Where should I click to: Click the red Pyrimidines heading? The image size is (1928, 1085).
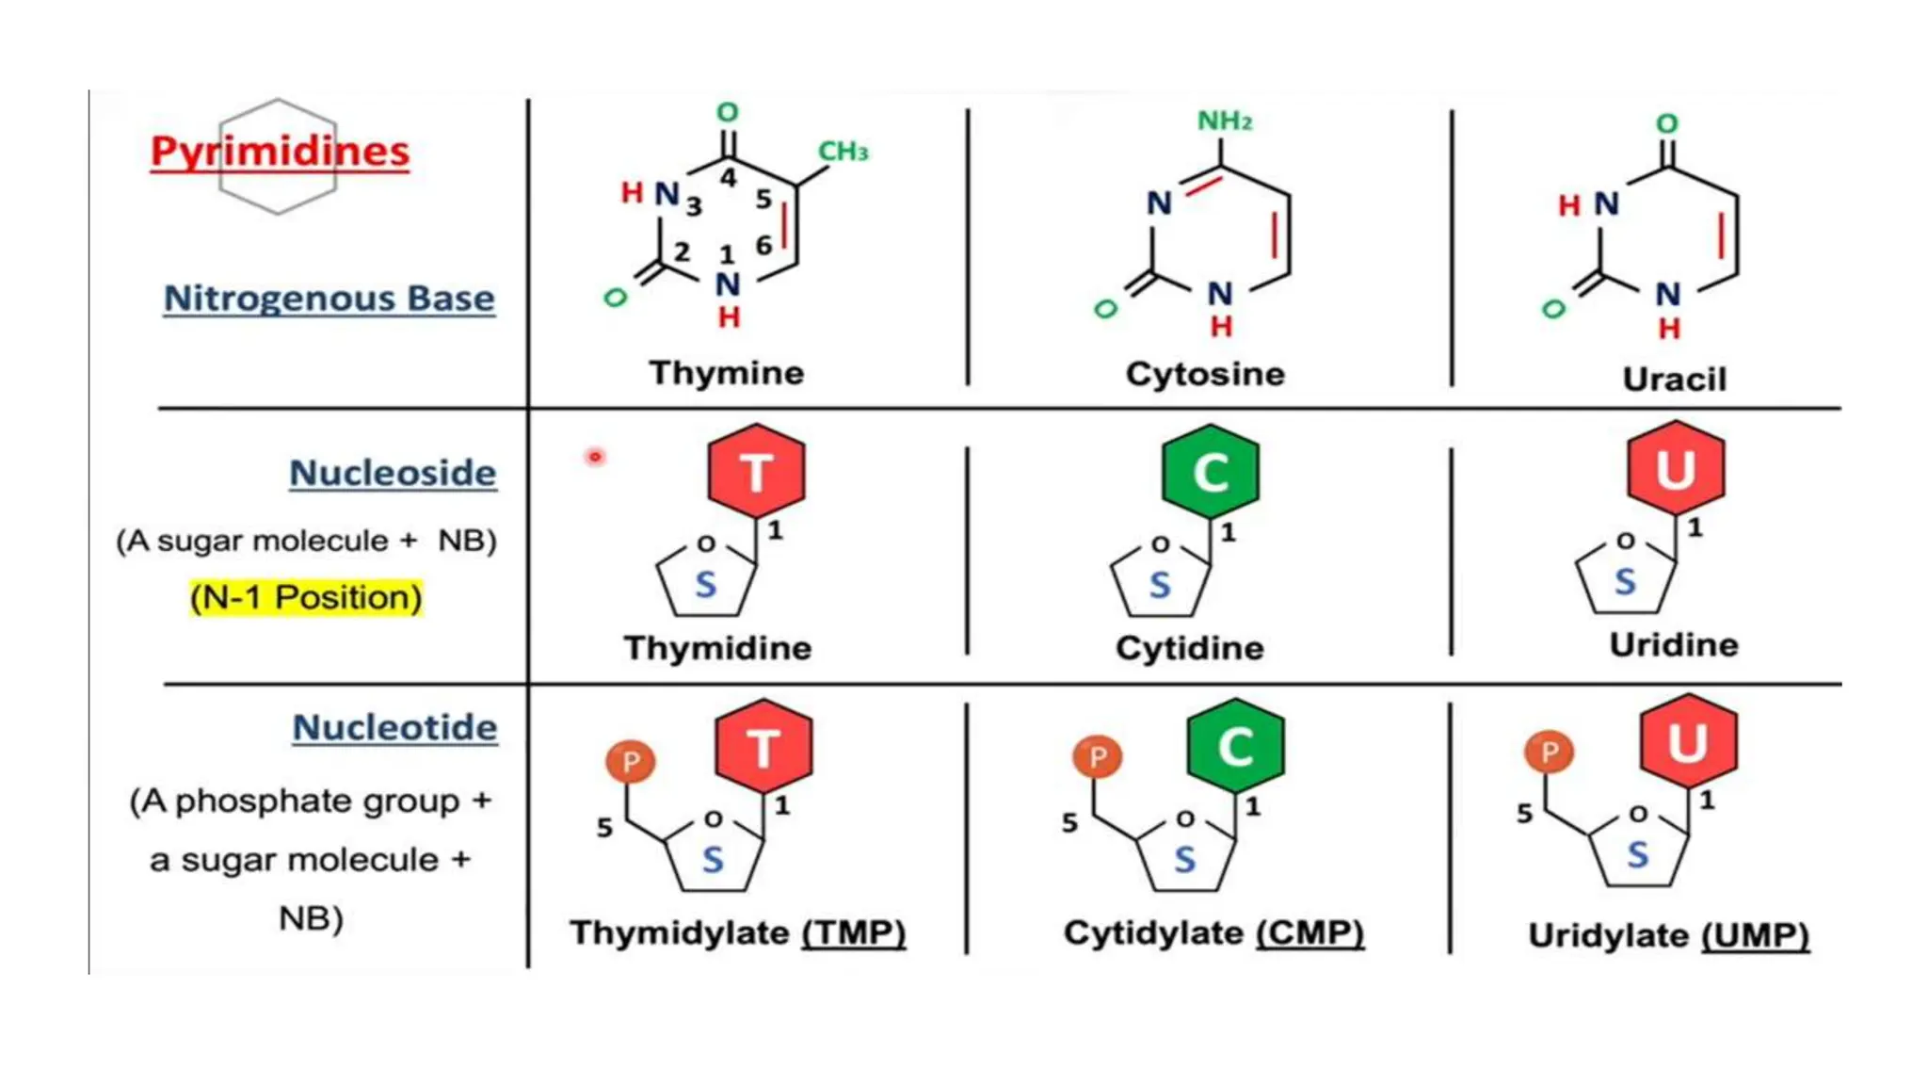pos(280,151)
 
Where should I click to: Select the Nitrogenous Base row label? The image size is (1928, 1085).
pos(329,298)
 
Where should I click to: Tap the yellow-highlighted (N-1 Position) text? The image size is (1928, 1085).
pos(306,597)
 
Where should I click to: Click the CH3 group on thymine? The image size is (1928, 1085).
pos(842,151)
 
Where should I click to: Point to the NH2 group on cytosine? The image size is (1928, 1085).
pos(1224,121)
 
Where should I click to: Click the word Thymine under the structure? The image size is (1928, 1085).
pos(726,373)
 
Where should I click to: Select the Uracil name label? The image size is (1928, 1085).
pos(1674,379)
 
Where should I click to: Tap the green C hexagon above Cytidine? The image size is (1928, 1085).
pos(1211,471)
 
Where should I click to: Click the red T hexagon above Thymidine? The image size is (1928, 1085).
pos(756,471)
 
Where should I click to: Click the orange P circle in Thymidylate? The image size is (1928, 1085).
pos(631,761)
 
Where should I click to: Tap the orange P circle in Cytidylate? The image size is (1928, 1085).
pos(1098,756)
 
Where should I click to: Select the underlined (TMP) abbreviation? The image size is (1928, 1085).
pos(854,932)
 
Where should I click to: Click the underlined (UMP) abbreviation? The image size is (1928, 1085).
pos(1756,935)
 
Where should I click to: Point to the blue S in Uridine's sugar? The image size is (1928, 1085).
pos(1625,582)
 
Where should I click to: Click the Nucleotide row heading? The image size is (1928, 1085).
pos(394,727)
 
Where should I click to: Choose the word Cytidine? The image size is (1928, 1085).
pos(1189,648)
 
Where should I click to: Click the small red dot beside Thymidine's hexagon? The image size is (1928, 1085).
pos(595,457)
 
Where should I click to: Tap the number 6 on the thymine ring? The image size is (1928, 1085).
pos(763,246)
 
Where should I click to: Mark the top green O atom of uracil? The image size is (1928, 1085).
pos(1667,123)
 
